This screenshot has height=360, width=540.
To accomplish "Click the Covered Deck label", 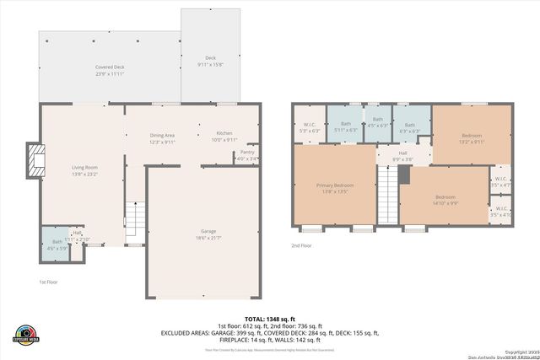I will [109, 69].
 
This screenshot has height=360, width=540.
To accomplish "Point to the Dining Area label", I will [162, 138].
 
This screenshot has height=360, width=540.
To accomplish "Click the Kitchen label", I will [224, 136].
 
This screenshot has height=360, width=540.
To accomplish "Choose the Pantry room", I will [247, 156].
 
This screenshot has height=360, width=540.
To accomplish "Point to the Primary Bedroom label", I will [335, 188].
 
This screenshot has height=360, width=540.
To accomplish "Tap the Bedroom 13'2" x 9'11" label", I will [472, 139].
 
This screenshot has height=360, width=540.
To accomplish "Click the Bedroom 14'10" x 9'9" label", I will [445, 200].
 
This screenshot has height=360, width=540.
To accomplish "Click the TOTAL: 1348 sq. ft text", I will [270, 320].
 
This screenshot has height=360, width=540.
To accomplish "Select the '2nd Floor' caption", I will [300, 245].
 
